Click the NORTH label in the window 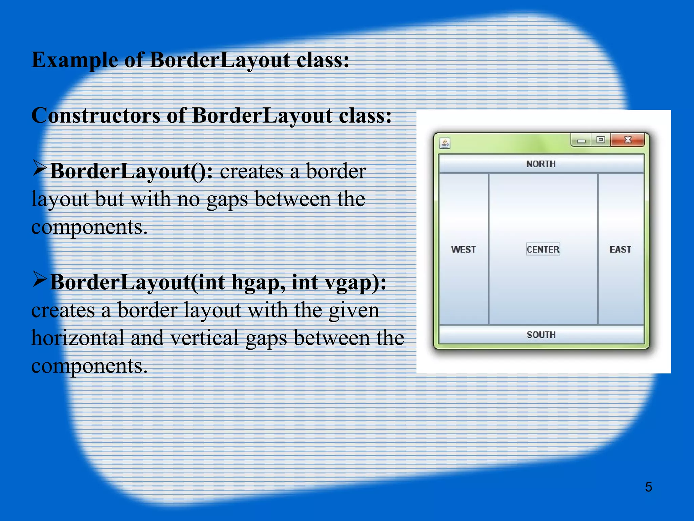coord(541,164)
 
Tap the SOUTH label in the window coord(541,335)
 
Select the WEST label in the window coord(463,250)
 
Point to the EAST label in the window coord(620,250)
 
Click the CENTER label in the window coord(543,249)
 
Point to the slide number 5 coord(648,487)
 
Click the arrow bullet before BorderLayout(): coord(40,169)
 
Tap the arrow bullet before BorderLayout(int coord(40,280)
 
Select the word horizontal coord(78,339)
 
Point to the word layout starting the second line coord(60,199)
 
